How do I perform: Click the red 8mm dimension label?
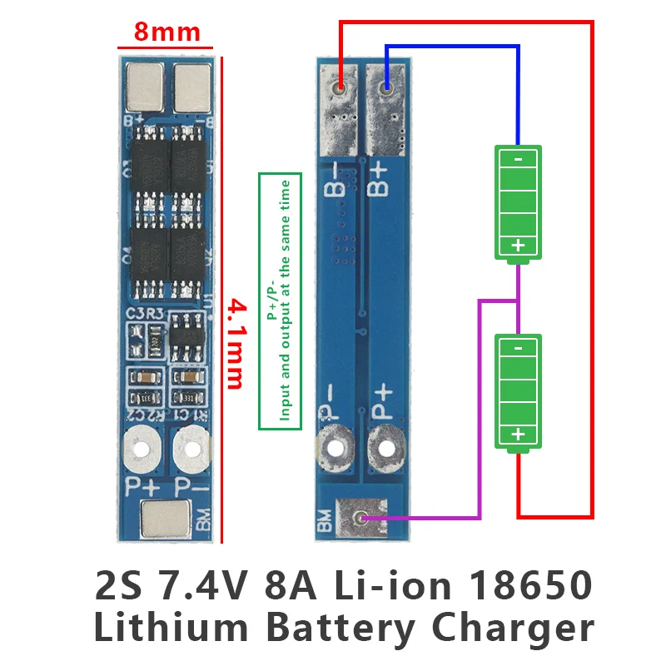[x=167, y=32]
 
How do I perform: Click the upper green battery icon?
[x=518, y=202]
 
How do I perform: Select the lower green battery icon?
[x=518, y=392]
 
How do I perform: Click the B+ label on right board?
[x=380, y=177]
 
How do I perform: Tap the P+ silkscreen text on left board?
[x=140, y=485]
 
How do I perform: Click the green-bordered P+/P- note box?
[x=279, y=301]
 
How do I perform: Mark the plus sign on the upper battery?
[x=518, y=245]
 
